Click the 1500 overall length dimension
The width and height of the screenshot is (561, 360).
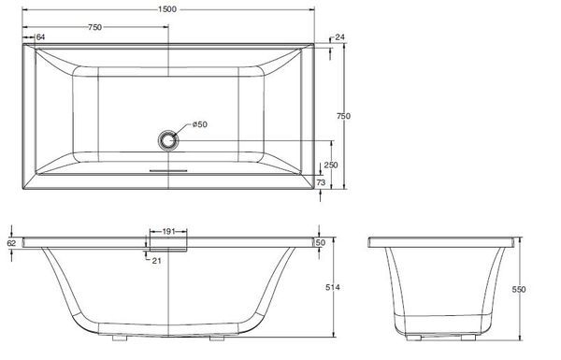tap(167, 9)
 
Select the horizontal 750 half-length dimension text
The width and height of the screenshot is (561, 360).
tap(94, 27)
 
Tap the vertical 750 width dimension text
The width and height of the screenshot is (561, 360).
tap(343, 116)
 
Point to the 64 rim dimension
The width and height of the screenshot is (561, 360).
tap(40, 36)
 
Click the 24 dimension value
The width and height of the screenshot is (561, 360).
tap(339, 36)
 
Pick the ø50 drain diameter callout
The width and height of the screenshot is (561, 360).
tap(200, 124)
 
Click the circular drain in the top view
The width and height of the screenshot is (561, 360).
tap(168, 140)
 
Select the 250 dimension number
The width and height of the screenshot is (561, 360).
tap(331, 165)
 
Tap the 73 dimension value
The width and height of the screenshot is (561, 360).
tap(321, 182)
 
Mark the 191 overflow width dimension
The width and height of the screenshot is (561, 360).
tap(168, 232)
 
